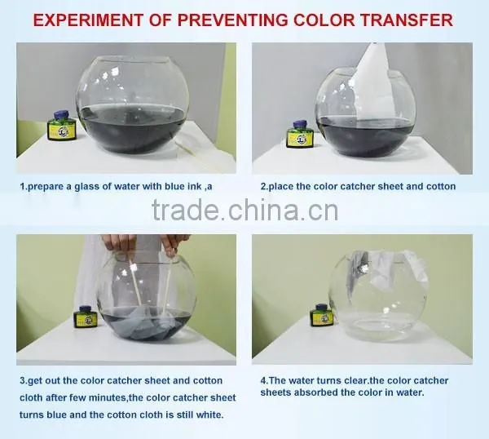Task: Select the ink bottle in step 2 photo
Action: [x=299, y=134]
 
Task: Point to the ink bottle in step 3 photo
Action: [x=85, y=317]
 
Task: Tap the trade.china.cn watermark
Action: [x=245, y=211]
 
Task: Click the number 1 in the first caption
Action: [x=23, y=187]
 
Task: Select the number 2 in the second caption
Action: [x=263, y=187]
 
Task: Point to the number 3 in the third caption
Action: [x=22, y=381]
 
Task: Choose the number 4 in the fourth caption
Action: [x=263, y=380]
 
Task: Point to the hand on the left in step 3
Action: [x=119, y=243]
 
